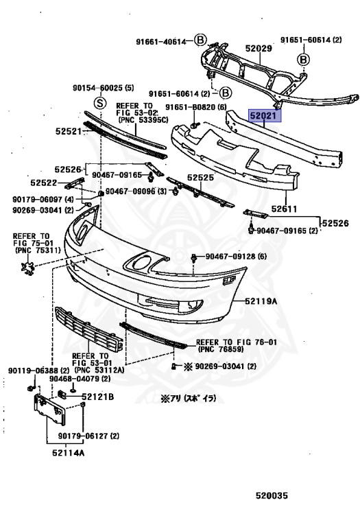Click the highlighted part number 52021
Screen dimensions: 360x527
pos(264,116)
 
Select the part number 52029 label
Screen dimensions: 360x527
pos(259,49)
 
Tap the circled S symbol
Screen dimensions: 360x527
pos(99,102)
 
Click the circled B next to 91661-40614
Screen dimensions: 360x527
pos(200,40)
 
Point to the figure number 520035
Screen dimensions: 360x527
pos(272,495)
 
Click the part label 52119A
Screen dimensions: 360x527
pos(261,301)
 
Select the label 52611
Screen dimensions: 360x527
pos(284,209)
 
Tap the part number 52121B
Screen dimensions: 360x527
pos(98,397)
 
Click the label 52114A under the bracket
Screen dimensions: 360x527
pos(68,453)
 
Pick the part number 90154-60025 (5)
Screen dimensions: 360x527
pos(103,88)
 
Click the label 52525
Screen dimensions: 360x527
pos(200,178)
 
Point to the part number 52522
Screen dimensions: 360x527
pos(44,183)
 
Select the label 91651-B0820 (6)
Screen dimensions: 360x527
pos(196,107)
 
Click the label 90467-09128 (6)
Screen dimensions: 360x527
pos(236,257)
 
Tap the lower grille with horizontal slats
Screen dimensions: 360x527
pos(89,329)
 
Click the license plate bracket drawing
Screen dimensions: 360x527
pos(49,410)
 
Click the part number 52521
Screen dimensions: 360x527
pos(69,132)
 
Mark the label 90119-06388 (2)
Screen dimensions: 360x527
pos(39,371)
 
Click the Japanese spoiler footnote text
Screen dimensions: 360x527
pos(189,399)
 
